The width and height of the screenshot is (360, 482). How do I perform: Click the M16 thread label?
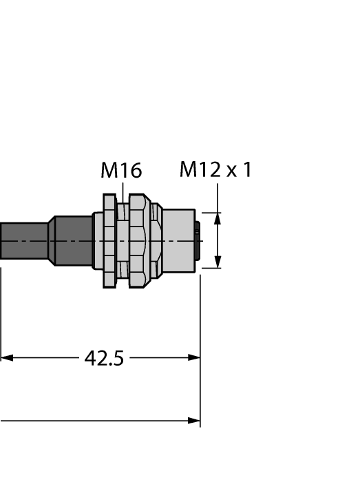click(121, 170)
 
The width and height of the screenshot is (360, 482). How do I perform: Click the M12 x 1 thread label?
click(215, 169)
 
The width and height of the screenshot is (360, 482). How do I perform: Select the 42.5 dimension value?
click(103, 358)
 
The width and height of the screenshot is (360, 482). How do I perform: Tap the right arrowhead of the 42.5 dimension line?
click(194, 358)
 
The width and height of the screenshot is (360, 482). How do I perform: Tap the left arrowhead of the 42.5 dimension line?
click(6, 358)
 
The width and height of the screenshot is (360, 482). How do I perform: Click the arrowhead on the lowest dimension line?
click(194, 421)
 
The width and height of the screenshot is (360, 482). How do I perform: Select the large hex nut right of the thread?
click(138, 241)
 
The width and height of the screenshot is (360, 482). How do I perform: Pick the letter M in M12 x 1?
click(188, 169)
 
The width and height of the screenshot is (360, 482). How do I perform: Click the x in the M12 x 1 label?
click(231, 171)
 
